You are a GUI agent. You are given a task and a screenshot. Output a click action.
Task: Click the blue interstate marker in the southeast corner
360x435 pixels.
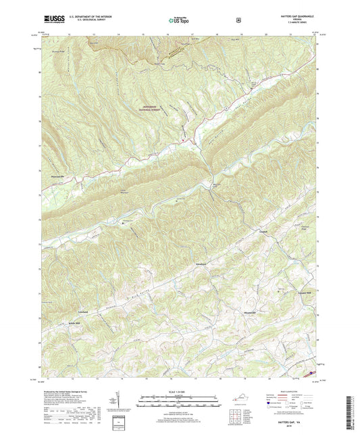[313, 371]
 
